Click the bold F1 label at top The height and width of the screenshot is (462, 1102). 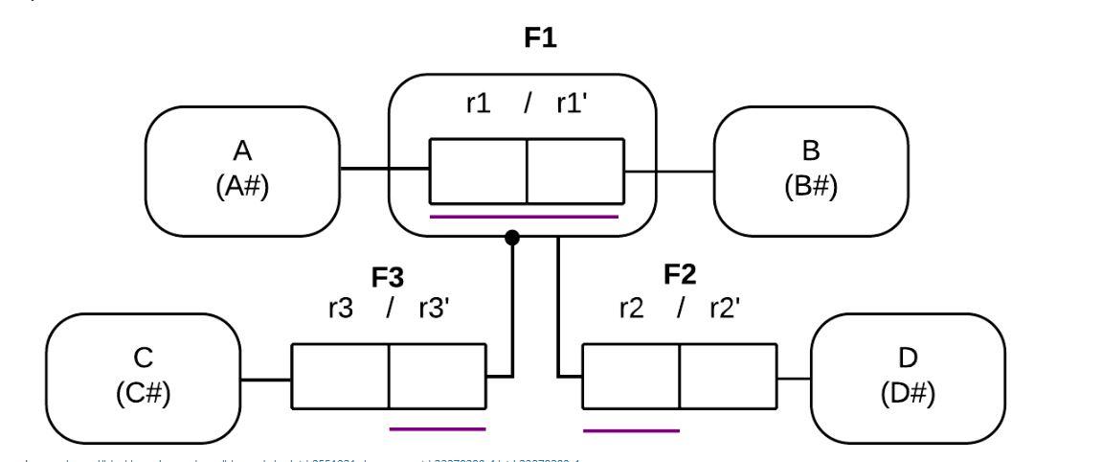(x=540, y=38)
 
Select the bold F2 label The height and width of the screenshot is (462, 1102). (x=680, y=275)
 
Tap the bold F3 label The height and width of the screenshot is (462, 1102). (x=388, y=278)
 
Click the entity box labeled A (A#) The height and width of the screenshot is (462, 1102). (x=242, y=171)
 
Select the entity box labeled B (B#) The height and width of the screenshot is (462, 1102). (x=811, y=171)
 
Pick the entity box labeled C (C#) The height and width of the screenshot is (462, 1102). (x=143, y=378)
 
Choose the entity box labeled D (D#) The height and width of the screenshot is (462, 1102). (x=908, y=378)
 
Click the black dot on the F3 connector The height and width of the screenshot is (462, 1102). (x=512, y=237)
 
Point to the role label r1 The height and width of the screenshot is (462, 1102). (x=478, y=104)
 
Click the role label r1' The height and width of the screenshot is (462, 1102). (x=572, y=104)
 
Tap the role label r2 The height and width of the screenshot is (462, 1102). (x=631, y=309)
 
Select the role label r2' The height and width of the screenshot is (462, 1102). (x=725, y=309)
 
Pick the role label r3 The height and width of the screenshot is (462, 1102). (x=340, y=309)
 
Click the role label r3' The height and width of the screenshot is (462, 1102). (x=434, y=309)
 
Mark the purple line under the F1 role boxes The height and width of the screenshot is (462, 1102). (x=525, y=217)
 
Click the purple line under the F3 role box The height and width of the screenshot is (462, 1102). (x=438, y=428)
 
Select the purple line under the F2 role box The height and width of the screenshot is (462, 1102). (x=631, y=430)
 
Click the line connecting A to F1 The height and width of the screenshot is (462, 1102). (x=384, y=170)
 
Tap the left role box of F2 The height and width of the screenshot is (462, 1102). (x=631, y=378)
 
